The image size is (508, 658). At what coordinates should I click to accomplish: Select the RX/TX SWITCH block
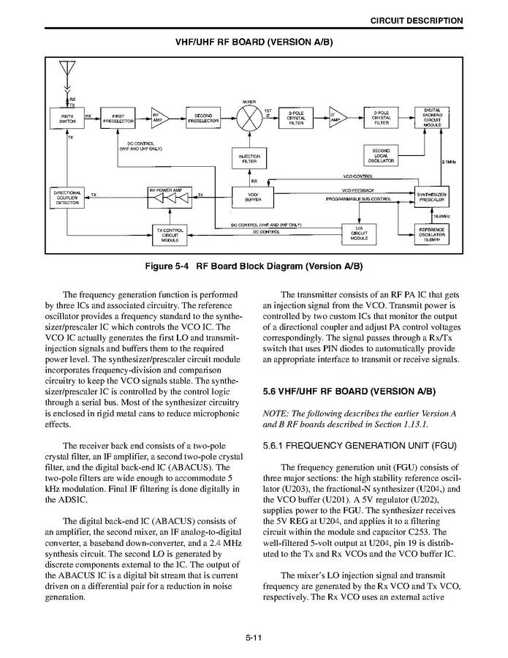click(x=67, y=118)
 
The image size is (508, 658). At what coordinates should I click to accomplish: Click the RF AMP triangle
click(x=159, y=117)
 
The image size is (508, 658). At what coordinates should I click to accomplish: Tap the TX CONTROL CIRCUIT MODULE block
click(x=170, y=234)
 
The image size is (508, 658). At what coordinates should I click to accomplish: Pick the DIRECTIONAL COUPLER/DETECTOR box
click(x=67, y=197)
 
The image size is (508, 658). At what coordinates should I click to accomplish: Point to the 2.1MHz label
click(x=449, y=162)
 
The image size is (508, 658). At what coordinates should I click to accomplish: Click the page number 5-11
click(x=254, y=638)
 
